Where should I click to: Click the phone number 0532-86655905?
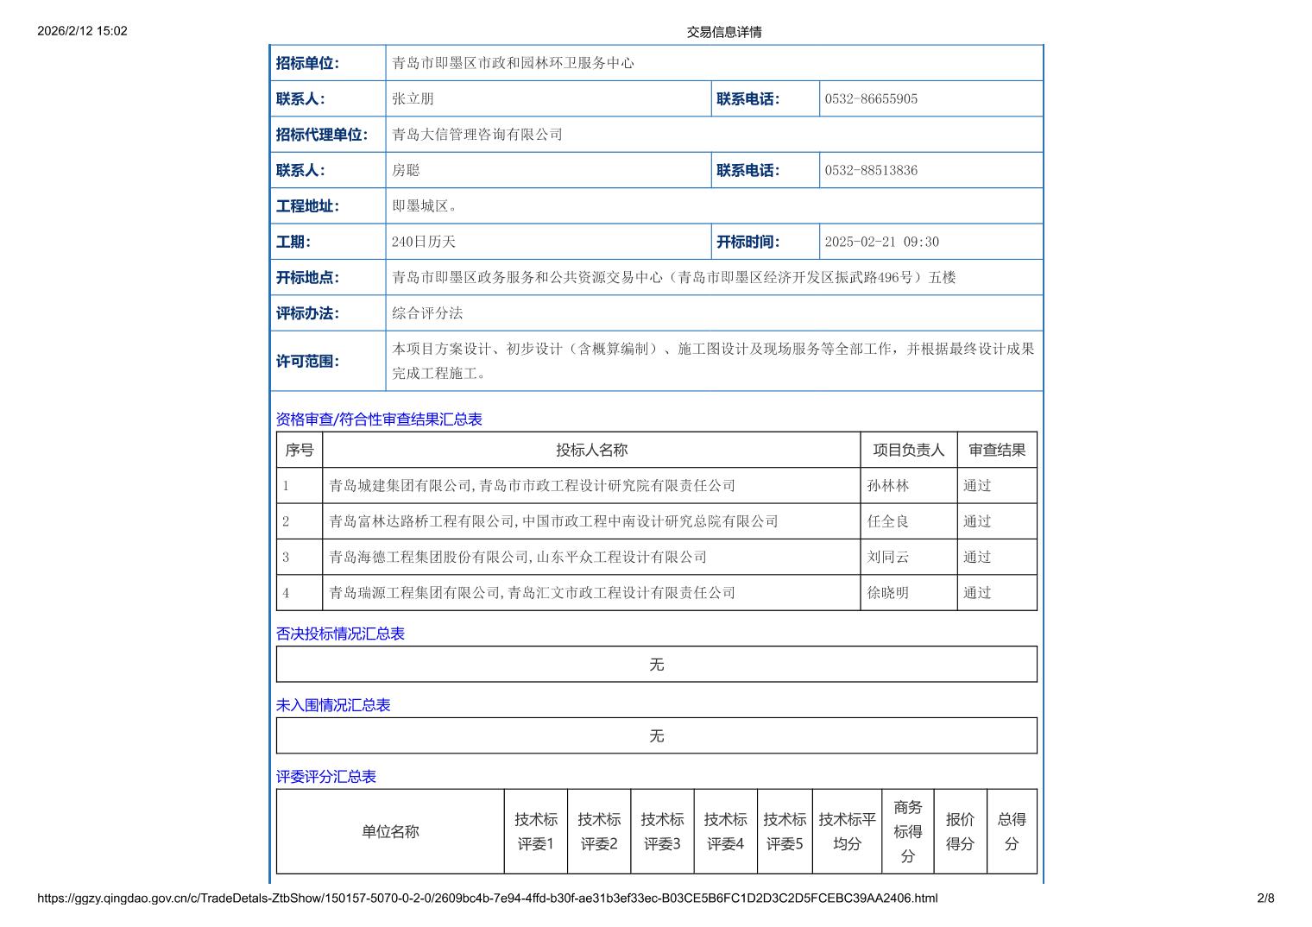[x=871, y=99]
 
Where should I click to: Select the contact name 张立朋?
[x=413, y=99]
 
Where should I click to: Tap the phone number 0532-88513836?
[x=871, y=171]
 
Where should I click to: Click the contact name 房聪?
[x=406, y=171]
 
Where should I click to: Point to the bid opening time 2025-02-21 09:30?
[x=881, y=243]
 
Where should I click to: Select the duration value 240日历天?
[x=423, y=243]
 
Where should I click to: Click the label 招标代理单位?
[x=322, y=135]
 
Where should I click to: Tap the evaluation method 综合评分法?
[x=427, y=313]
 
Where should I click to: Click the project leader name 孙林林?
[x=888, y=486]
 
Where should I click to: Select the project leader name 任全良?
[x=888, y=521]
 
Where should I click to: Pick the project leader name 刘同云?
[x=888, y=558]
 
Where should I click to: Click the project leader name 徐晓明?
[x=888, y=593]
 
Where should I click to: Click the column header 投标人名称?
[x=591, y=451]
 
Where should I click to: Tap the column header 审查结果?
[x=997, y=451]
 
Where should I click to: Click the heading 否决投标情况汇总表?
[x=340, y=634]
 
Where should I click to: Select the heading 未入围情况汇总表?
[x=333, y=705]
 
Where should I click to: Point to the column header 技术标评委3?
[x=662, y=831]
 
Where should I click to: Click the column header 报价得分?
[x=960, y=831]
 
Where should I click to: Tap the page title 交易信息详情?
[x=724, y=32]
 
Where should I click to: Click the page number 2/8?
[x=1265, y=899]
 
